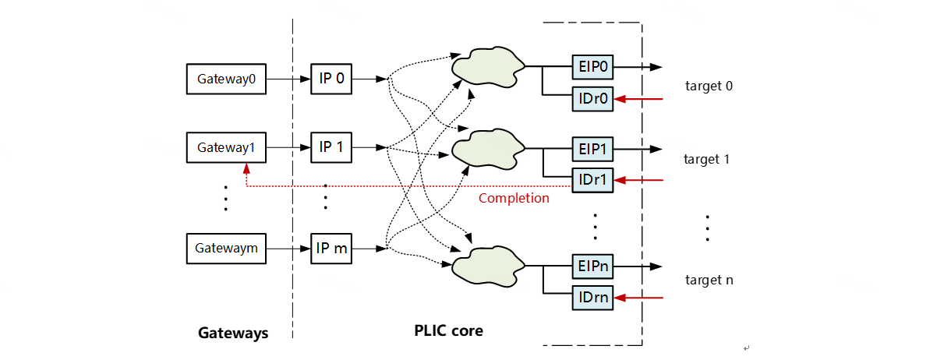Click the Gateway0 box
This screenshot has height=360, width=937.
pyautogui.click(x=226, y=79)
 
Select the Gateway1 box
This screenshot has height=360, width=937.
pyautogui.click(x=226, y=147)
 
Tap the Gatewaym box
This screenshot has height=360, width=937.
pyautogui.click(x=226, y=249)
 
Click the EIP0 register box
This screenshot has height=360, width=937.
pyautogui.click(x=593, y=67)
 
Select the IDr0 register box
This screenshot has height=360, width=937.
pyautogui.click(x=593, y=99)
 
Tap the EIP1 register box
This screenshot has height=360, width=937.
pyautogui.click(x=593, y=148)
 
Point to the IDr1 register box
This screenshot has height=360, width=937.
pyautogui.click(x=593, y=180)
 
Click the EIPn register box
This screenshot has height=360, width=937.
pyautogui.click(x=593, y=266)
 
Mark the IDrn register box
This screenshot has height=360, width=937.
pyautogui.click(x=593, y=297)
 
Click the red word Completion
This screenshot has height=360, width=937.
pyautogui.click(x=514, y=198)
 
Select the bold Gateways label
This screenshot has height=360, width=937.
pyautogui.click(x=233, y=334)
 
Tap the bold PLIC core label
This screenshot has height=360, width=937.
pyautogui.click(x=448, y=330)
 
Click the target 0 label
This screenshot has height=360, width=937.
pyautogui.click(x=709, y=86)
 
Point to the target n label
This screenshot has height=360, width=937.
pyautogui.click(x=709, y=280)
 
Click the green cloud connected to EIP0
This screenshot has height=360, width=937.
pyautogui.click(x=488, y=68)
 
